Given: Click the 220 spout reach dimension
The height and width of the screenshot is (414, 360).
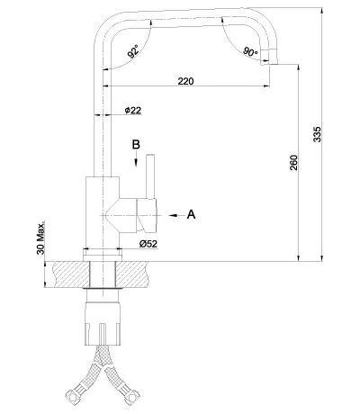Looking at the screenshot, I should (x=185, y=82).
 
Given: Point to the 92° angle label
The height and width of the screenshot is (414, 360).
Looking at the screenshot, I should (x=134, y=53).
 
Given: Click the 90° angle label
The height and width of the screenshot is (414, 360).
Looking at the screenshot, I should (x=250, y=51).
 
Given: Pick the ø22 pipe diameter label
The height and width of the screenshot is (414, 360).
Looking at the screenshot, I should (x=132, y=111).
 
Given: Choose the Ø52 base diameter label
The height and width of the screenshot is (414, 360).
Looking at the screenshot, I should (x=148, y=244).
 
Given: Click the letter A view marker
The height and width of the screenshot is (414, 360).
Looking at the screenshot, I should (x=191, y=214).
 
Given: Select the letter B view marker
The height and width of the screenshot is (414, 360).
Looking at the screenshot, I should (x=137, y=144).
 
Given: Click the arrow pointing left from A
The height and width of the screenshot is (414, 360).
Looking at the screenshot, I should (x=171, y=214).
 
